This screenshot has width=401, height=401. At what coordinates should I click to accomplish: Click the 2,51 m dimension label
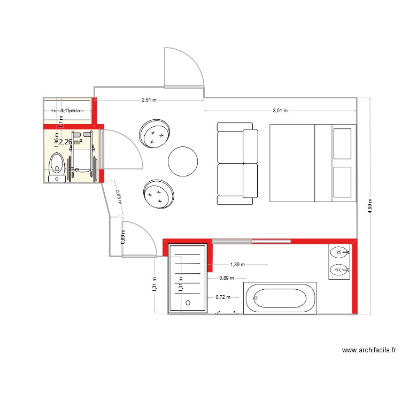click(150, 100)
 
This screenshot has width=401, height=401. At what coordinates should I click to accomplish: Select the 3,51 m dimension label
click(280, 111)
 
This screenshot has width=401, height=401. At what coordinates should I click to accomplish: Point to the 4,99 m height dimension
click(369, 206)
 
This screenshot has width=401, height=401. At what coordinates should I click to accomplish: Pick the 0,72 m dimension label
click(222, 297)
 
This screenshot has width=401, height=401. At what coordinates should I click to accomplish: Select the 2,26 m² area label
click(70, 142)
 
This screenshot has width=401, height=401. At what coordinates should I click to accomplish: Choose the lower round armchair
click(158, 193)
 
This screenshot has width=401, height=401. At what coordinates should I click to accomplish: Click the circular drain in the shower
click(188, 303)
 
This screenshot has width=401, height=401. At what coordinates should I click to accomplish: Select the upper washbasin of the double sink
click(338, 252)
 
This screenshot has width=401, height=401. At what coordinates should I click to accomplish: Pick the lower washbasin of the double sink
click(338, 269)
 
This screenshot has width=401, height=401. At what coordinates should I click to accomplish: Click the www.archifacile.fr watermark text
click(368, 351)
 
